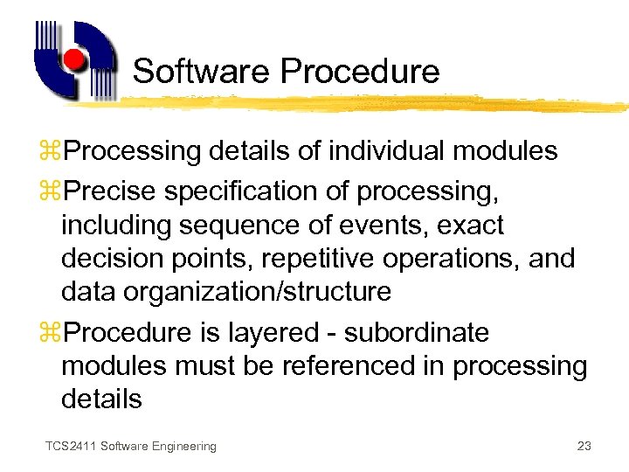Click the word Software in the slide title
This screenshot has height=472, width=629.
[x=190, y=71]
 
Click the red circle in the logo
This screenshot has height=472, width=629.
[x=74, y=59]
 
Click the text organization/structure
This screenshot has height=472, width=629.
[x=259, y=292]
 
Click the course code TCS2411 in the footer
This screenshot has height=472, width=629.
[x=71, y=447]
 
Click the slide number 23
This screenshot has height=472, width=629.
[x=584, y=447]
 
